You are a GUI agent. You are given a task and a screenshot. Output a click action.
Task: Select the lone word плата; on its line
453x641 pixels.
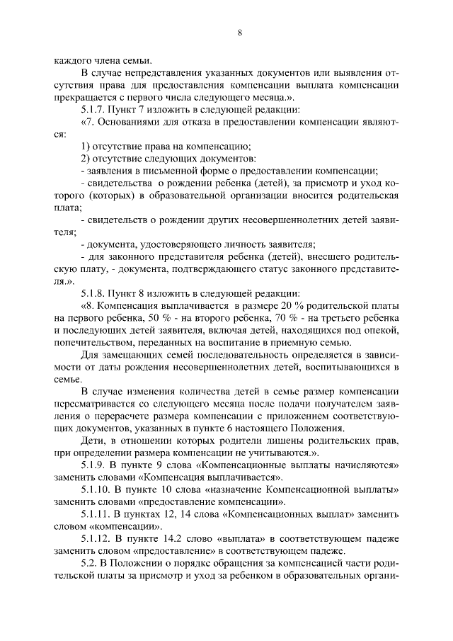68,207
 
